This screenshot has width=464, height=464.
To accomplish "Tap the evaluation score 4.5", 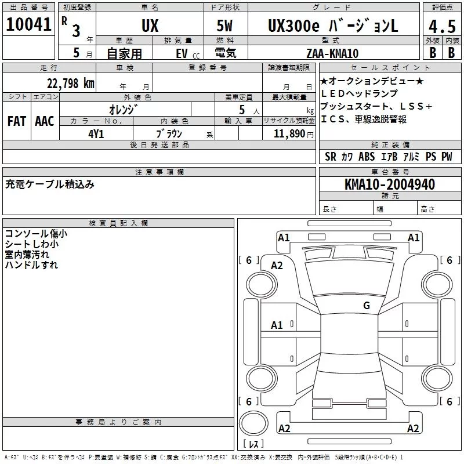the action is click(x=441, y=27).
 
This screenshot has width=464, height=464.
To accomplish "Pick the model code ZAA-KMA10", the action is click(x=332, y=53).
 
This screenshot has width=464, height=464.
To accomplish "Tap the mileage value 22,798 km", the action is click(x=70, y=83).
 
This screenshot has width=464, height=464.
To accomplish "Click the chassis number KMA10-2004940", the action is click(x=389, y=184).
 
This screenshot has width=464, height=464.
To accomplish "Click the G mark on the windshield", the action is click(x=366, y=305).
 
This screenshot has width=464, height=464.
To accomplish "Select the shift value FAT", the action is click(x=16, y=121).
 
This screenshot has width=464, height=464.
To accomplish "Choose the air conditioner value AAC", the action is click(x=44, y=121).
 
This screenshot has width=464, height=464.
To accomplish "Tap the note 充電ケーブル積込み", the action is click(x=50, y=184).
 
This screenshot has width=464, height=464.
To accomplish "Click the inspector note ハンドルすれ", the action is click(x=31, y=265).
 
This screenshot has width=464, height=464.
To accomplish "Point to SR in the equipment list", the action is click(x=331, y=157).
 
